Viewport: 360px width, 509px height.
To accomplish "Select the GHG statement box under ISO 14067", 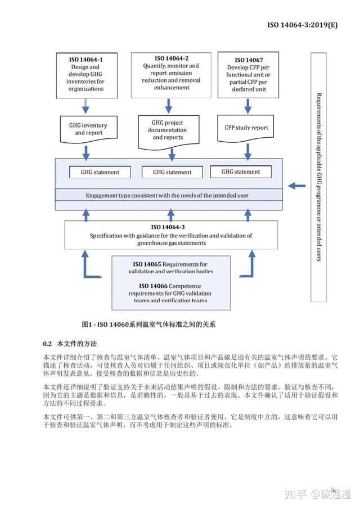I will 241,172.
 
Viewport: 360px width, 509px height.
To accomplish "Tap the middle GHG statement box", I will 172,172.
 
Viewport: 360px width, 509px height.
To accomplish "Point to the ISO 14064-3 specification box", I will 171,235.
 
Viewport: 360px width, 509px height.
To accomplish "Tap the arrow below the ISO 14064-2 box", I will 169,105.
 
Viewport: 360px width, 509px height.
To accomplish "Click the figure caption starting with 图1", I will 148,325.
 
